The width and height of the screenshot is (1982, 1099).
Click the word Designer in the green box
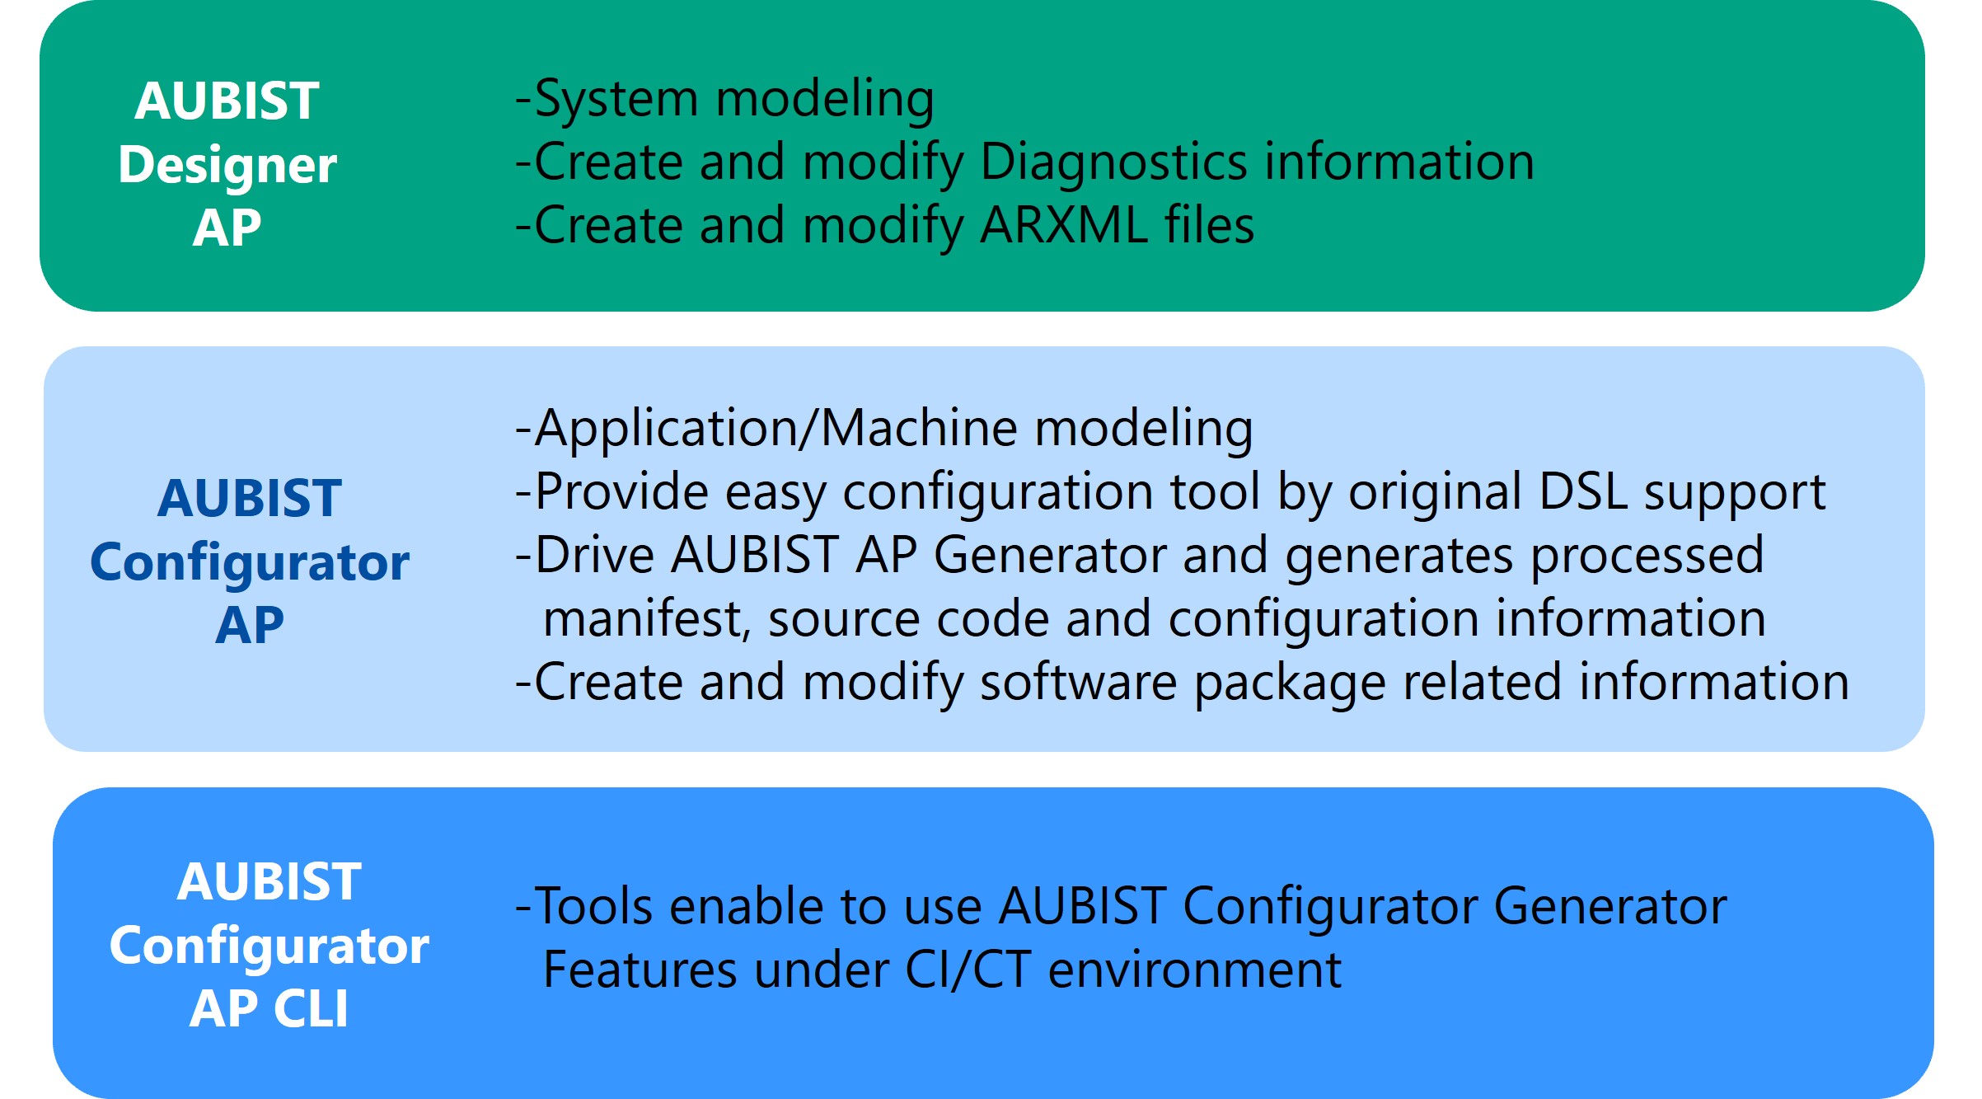[x=227, y=166]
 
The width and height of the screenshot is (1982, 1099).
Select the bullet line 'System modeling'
[x=724, y=99]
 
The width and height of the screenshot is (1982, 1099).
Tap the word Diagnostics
[x=1114, y=162]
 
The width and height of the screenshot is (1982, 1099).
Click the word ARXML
[x=1064, y=225]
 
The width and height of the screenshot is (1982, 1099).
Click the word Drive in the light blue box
[x=593, y=555]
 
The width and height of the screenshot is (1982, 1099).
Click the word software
[x=1078, y=683]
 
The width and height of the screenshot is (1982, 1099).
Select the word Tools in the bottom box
[x=593, y=906]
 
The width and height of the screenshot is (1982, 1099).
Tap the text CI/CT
[x=968, y=970]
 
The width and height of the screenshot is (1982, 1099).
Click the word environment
[x=1195, y=970]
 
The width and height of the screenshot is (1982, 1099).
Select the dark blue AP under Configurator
[x=250, y=625]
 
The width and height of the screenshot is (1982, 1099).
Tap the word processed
[x=1647, y=557]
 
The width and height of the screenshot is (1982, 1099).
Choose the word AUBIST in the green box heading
[x=227, y=101]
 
